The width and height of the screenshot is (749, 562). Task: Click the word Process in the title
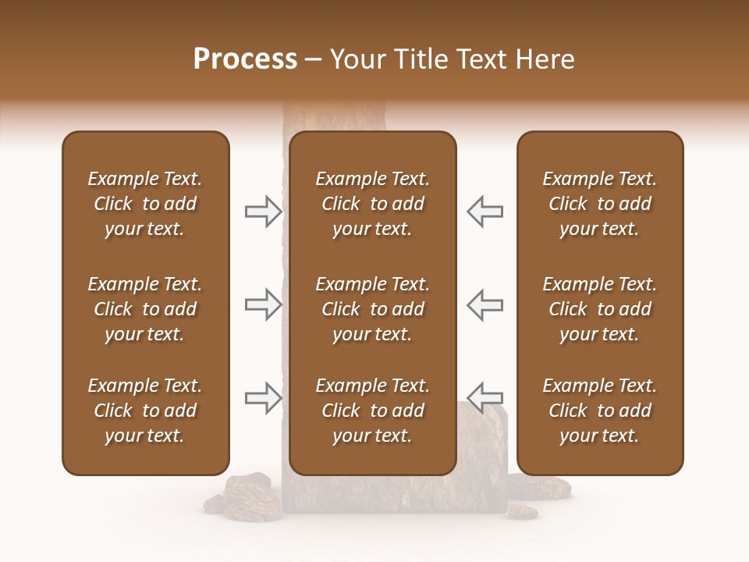click(x=245, y=59)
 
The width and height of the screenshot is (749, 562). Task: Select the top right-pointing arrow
click(x=263, y=212)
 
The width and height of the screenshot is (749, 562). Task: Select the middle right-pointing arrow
click(x=263, y=304)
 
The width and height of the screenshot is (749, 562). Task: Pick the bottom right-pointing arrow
click(x=263, y=397)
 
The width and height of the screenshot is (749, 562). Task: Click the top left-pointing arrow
click(x=485, y=212)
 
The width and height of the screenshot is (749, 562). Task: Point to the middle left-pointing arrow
click(x=485, y=304)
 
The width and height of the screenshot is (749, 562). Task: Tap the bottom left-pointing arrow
click(x=485, y=397)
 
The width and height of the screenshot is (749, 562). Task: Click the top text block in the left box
click(x=145, y=204)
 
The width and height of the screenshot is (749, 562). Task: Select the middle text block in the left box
click(x=145, y=309)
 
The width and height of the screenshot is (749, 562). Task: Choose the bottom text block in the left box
click(x=145, y=411)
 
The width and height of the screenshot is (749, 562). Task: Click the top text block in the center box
click(x=372, y=204)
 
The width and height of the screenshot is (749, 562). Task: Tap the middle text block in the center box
click(x=372, y=309)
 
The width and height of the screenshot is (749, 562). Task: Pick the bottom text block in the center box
click(x=372, y=411)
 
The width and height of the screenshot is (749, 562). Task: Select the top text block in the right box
click(x=599, y=204)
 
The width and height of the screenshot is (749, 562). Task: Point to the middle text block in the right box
click(x=599, y=309)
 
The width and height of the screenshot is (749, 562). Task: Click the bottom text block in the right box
click(x=599, y=411)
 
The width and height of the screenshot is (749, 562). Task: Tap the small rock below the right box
click(x=521, y=512)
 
